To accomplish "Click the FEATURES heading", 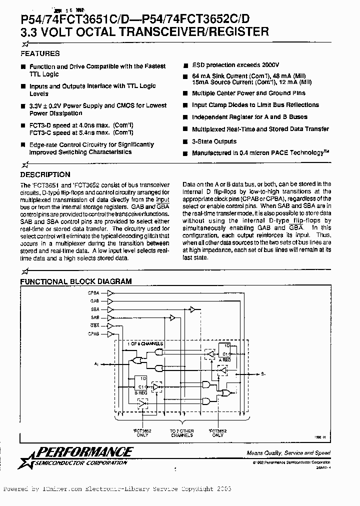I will click(x=39, y=53).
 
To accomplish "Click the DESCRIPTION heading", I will click(x=45, y=174).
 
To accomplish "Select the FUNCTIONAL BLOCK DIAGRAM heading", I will click(x=75, y=281).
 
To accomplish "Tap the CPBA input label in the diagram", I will click(x=93, y=292).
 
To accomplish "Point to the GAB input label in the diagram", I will click(x=94, y=301).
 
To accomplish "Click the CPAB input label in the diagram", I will click(x=93, y=333).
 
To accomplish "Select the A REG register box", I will click(x=225, y=351).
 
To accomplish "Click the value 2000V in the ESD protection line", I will click(x=270, y=65).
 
